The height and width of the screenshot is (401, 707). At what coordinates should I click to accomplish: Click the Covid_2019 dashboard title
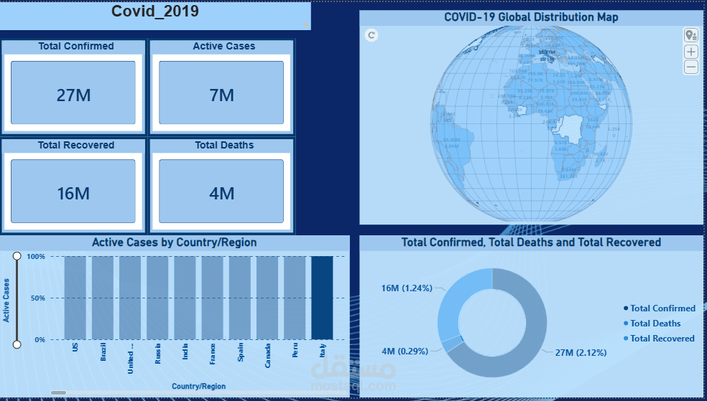click(x=155, y=11)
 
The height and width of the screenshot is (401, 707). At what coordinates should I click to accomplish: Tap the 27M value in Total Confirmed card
click(x=73, y=95)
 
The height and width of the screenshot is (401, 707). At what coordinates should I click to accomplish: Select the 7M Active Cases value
click(x=222, y=95)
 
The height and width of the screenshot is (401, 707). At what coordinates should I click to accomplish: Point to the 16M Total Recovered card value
click(x=73, y=193)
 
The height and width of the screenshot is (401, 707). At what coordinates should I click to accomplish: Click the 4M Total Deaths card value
click(x=222, y=193)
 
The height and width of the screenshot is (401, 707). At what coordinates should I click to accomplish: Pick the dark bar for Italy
click(x=322, y=297)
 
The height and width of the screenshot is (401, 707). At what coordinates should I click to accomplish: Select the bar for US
click(x=75, y=297)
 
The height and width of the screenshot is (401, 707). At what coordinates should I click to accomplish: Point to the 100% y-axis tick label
click(x=35, y=256)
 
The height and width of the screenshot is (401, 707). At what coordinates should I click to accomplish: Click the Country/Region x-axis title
click(x=198, y=387)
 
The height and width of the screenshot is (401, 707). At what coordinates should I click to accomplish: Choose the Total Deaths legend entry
click(x=655, y=324)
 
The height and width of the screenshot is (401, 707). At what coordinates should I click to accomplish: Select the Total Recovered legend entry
click(x=662, y=339)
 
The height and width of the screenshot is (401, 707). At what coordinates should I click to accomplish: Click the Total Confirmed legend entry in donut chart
click(x=662, y=308)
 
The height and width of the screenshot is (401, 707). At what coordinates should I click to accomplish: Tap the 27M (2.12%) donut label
click(x=581, y=352)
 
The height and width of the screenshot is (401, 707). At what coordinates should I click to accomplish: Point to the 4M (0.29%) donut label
click(x=405, y=352)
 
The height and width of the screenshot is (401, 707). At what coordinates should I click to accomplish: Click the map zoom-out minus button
click(x=690, y=67)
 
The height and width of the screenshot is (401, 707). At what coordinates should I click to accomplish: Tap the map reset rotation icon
click(x=371, y=34)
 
